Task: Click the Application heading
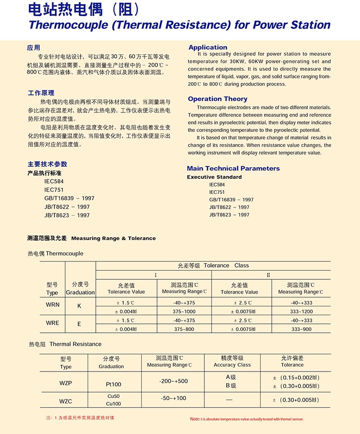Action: [x=208, y=47]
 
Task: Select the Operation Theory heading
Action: [x=217, y=99]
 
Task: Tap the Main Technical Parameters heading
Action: [x=233, y=168]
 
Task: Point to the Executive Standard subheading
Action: [x=214, y=177]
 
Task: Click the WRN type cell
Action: [x=52, y=305]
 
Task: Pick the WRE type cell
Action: [x=52, y=323]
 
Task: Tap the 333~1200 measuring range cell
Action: [x=301, y=312]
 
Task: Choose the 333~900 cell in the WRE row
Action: [x=301, y=329]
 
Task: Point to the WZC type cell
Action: [x=66, y=400]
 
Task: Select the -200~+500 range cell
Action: [x=173, y=381]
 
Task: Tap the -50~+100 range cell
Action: [x=173, y=398]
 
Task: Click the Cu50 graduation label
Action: [x=112, y=396]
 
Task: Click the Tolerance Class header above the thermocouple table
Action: [x=213, y=265]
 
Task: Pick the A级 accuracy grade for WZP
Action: [x=231, y=377]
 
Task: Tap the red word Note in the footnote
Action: [x=195, y=419]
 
